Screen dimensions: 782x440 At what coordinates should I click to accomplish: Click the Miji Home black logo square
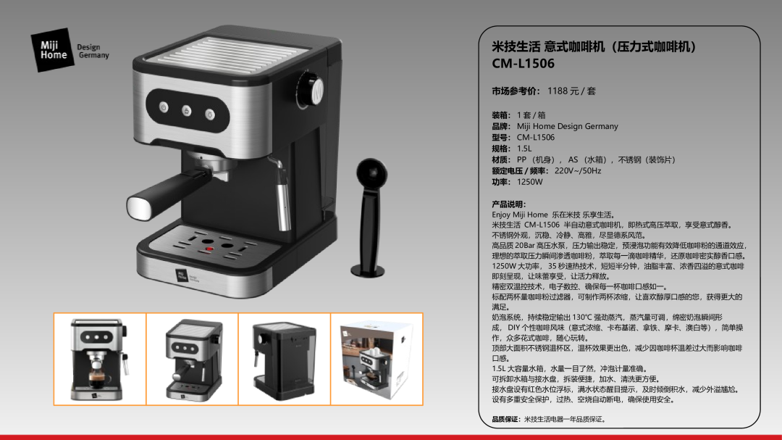pos(53,50)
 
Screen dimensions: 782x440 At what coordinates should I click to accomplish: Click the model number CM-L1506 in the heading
pos(524,64)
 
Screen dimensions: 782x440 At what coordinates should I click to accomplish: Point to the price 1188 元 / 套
pos(571,91)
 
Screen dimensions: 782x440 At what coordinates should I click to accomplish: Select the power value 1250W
pos(529,182)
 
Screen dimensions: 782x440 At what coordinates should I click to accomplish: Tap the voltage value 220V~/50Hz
pos(578,171)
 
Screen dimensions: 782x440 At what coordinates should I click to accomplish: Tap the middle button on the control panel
pos(187,110)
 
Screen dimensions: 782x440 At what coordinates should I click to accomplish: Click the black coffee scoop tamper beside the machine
pos(370,217)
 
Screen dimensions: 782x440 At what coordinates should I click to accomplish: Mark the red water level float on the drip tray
pos(210,248)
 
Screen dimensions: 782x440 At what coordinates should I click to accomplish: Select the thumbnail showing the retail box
pos(377,359)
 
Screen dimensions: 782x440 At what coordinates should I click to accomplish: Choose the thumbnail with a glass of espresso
pos(100,359)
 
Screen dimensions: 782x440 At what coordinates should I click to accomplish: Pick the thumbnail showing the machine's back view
pos(285,359)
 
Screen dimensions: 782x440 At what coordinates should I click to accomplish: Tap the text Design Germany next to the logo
pos(93,51)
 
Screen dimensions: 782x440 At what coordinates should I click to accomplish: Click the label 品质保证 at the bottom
pos(506,419)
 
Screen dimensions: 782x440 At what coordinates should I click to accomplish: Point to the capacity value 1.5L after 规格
pos(524,149)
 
